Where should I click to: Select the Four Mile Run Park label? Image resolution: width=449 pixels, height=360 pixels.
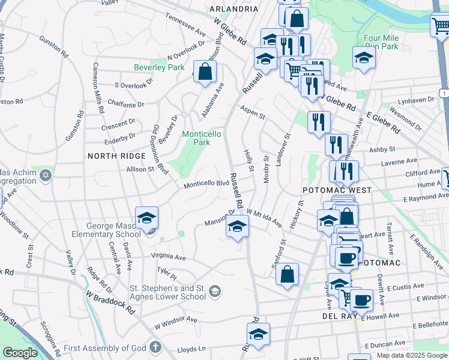[x=381, y=41]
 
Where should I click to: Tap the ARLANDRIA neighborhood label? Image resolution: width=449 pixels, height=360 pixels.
[x=234, y=9]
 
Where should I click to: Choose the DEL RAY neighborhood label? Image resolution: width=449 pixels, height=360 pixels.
[x=340, y=316]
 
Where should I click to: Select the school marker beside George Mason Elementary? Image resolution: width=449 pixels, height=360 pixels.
[x=146, y=220]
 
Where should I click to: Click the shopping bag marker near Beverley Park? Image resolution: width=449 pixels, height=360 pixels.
[x=205, y=71]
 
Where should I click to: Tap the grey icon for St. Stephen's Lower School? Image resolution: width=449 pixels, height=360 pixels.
[x=214, y=292]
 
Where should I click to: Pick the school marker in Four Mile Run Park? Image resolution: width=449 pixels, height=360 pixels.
[x=363, y=58]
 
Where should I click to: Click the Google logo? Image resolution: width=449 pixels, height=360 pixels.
[x=20, y=353]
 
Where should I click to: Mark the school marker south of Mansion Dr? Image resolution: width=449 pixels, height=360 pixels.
[x=237, y=227]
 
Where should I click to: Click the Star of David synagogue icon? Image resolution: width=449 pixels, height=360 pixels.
[x=45, y=176]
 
